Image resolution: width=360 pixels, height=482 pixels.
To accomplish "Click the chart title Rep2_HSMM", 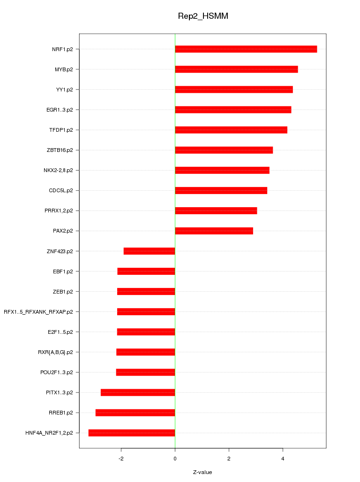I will [202, 16].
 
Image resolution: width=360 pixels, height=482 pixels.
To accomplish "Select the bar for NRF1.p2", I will [246, 49].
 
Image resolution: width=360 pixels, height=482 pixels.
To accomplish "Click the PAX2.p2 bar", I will [214, 231].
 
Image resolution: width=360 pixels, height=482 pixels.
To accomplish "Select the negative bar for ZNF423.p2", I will [149, 251].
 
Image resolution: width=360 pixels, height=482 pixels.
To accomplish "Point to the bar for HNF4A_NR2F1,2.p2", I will [132, 433].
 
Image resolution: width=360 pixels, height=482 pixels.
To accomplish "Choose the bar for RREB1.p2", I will [135, 413].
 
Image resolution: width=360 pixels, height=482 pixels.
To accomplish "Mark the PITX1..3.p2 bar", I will [138, 392].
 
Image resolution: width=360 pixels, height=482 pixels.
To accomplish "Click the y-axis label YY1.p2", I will [64, 90].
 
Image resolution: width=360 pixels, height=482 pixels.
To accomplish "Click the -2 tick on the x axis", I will [121, 458].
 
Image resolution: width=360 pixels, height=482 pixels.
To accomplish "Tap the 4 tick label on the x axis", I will [283, 458].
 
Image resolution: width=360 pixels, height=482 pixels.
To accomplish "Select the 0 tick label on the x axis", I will [175, 458].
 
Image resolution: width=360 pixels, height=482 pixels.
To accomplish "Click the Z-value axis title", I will [202, 472].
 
